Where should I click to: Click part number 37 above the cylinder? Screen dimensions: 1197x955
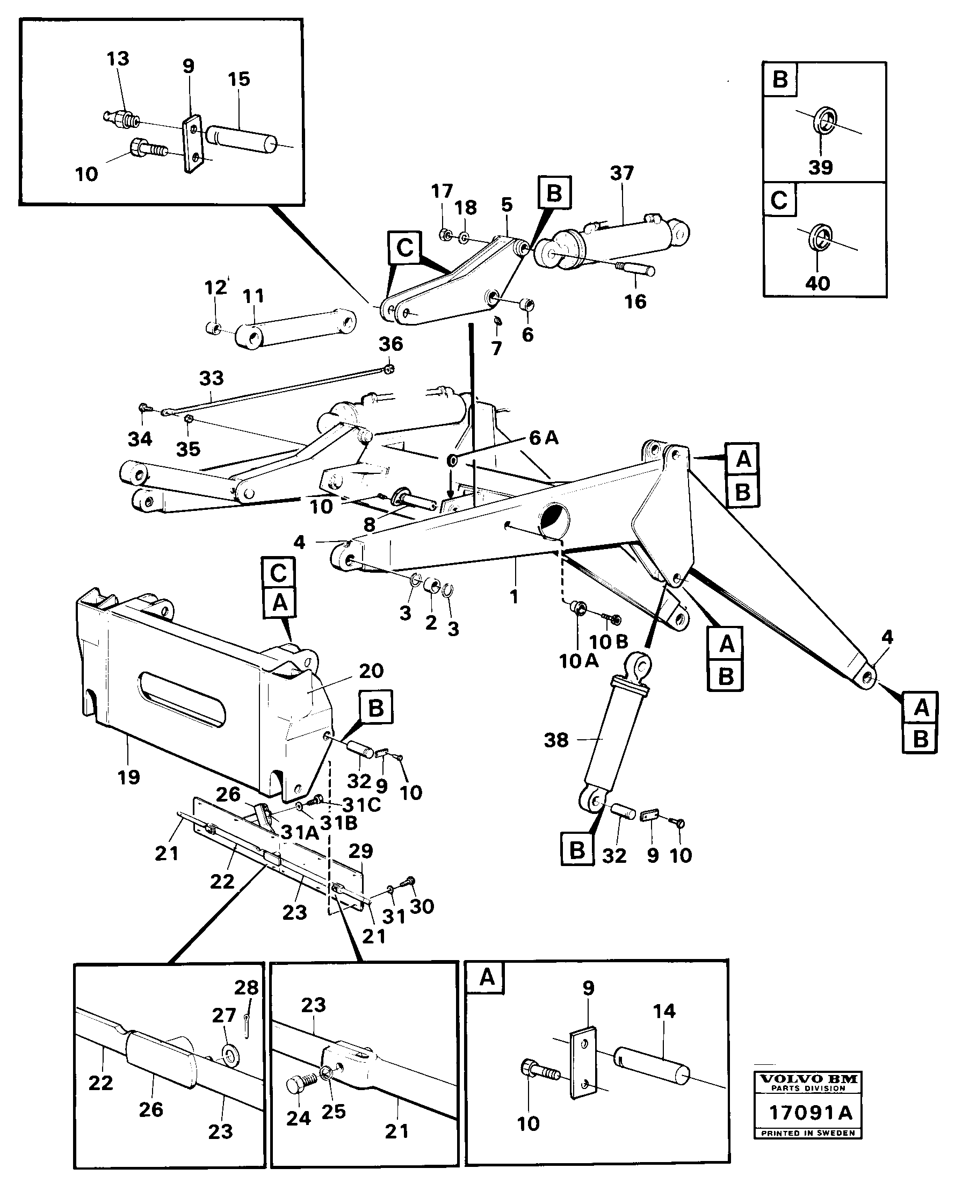click(x=621, y=173)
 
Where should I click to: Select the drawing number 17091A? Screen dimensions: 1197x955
click(x=809, y=1113)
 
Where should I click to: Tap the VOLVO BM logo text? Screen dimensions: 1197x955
click(x=808, y=1080)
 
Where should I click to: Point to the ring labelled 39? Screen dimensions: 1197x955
click(x=825, y=121)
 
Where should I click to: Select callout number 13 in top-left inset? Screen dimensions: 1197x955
click(x=118, y=59)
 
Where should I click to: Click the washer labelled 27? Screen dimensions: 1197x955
click(x=229, y=1054)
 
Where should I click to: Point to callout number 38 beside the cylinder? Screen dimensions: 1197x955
click(x=556, y=740)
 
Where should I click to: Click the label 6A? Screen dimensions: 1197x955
click(x=543, y=438)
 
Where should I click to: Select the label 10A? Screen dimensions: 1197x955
click(x=578, y=661)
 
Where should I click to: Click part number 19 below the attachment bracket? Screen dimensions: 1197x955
click(x=129, y=777)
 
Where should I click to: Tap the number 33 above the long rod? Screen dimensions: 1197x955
click(x=212, y=379)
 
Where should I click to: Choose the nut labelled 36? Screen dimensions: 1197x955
click(x=389, y=368)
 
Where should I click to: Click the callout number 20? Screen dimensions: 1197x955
click(x=371, y=670)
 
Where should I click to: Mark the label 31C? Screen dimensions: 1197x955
click(x=361, y=804)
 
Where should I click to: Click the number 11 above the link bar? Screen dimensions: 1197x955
click(x=254, y=296)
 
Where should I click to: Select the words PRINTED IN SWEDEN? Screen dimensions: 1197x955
click(x=808, y=1133)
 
